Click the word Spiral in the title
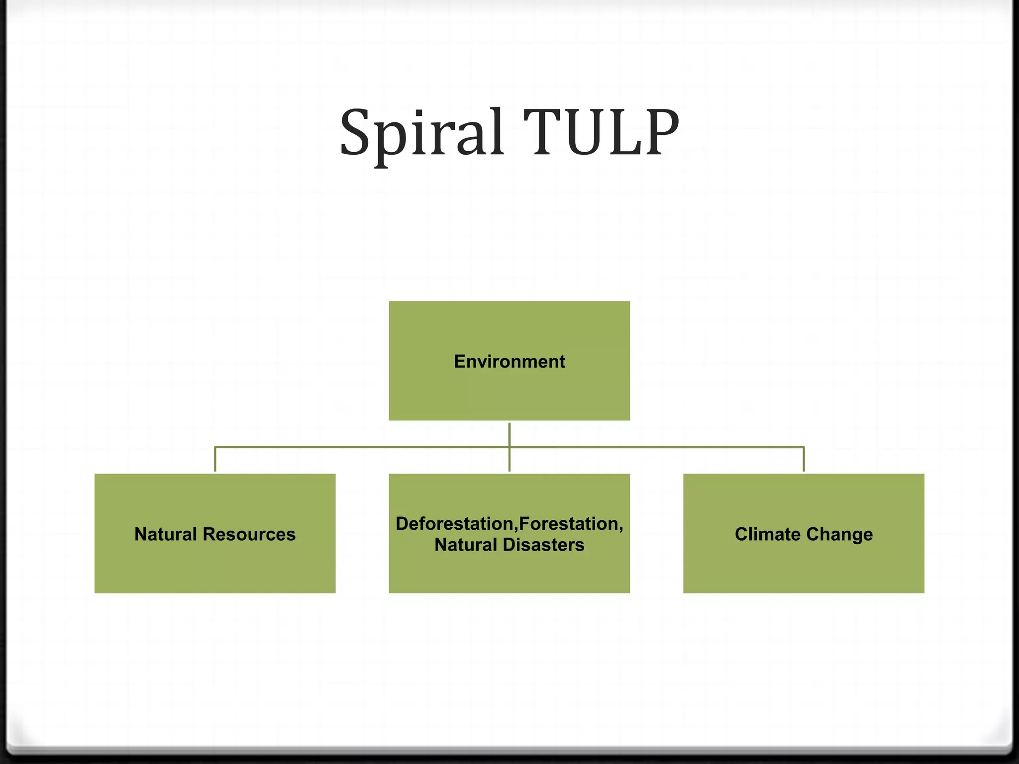[x=420, y=133]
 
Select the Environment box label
[x=509, y=362]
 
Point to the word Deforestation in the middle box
[x=456, y=524]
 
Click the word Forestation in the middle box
[x=568, y=524]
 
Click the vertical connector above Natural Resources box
[x=215, y=460]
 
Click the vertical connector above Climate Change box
[x=804, y=460]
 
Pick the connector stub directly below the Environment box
[x=509, y=434]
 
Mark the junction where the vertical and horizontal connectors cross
[x=509, y=447]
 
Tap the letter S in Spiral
[x=356, y=132]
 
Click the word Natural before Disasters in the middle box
[x=466, y=545]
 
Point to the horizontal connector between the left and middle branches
[x=362, y=447]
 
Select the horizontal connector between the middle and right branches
[x=657, y=447]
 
